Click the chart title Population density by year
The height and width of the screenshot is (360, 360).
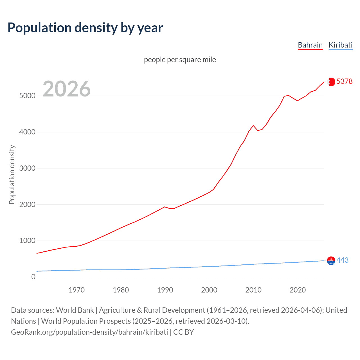point(85,28)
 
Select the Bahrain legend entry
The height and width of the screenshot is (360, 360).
point(310,45)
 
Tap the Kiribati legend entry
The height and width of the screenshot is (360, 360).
point(340,45)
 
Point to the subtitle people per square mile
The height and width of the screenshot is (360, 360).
point(180,60)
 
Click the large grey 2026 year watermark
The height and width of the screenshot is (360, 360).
point(67,89)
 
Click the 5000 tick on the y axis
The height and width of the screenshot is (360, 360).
point(27,96)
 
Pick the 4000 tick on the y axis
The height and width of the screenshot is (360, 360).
point(27,132)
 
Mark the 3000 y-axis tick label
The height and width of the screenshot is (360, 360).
point(27,168)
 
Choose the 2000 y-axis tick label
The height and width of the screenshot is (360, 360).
point(27,204)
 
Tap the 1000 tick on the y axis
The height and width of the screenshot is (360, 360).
point(27,241)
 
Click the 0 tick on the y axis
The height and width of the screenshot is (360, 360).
point(33,277)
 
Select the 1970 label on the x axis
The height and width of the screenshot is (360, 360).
point(76,290)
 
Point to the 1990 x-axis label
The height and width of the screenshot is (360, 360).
point(165,290)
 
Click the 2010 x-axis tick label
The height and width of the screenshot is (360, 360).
point(253,290)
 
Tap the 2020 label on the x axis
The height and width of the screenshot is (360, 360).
point(298,290)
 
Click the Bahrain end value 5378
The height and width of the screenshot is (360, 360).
point(344,81)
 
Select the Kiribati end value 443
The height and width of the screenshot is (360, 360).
point(342,260)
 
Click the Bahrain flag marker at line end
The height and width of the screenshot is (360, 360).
point(331,82)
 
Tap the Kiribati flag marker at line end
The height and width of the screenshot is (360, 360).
point(331,261)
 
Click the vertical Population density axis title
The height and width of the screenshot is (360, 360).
point(12,174)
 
